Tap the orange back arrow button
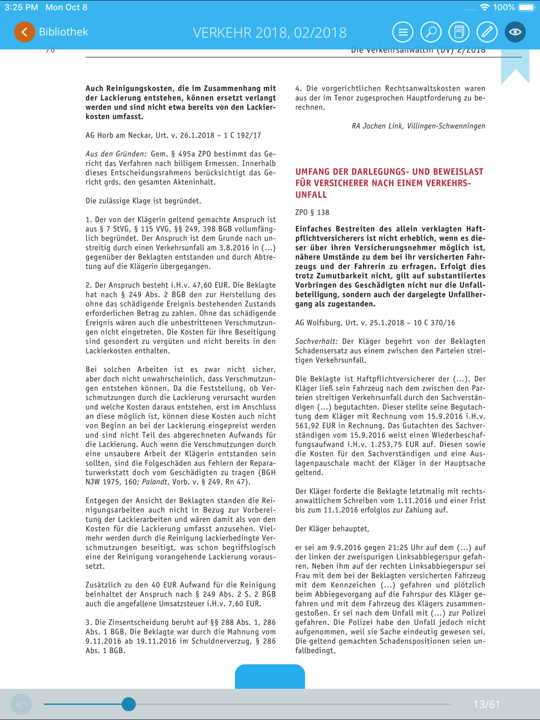24,32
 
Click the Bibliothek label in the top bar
63,32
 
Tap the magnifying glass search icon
431,32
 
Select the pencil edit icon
487,32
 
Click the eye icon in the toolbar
515,32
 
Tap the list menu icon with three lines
403,32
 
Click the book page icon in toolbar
459,32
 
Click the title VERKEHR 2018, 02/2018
269,32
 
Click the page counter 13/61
486,704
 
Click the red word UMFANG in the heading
313,172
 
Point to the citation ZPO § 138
312,213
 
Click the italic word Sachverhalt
316,341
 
